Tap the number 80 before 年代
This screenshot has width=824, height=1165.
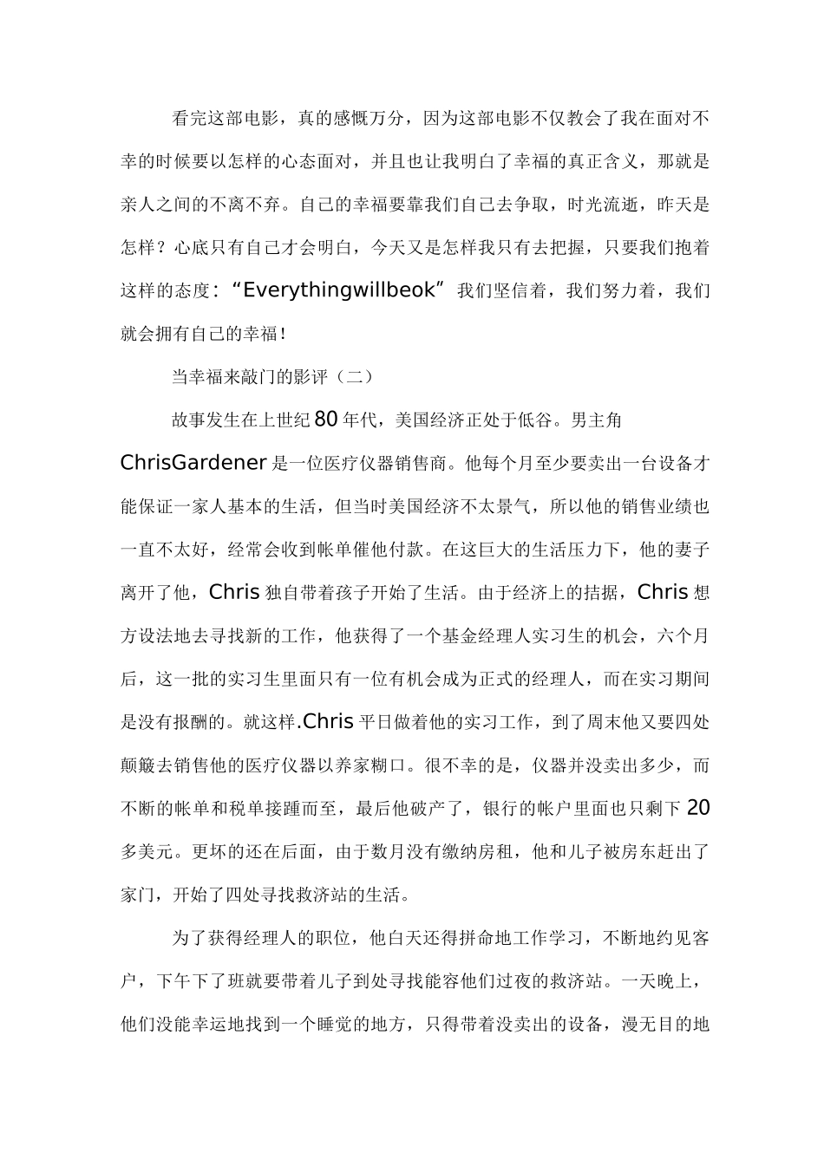pyautogui.click(x=324, y=420)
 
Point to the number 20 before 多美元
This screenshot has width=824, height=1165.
pyautogui.click(x=698, y=809)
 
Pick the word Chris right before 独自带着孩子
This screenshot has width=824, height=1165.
pyautogui.click(x=234, y=593)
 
